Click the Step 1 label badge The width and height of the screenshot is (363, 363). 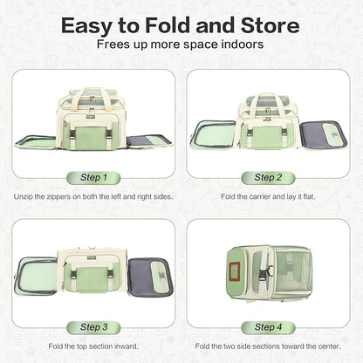93,177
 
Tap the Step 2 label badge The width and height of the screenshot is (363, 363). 268,177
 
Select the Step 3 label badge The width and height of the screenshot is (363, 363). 93,327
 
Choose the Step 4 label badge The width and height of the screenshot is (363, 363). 268,327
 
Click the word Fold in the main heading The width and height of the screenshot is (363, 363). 168,25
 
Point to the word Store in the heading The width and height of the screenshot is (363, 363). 270,25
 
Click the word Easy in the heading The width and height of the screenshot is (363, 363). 87,27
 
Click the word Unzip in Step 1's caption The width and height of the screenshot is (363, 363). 24,197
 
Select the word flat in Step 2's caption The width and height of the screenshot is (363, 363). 309,196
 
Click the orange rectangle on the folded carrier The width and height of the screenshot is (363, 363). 234,271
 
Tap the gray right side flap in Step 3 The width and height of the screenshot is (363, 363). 151,277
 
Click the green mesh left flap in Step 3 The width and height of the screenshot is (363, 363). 37,276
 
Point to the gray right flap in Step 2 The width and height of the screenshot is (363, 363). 324,135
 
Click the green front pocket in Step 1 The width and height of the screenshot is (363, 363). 90,137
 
